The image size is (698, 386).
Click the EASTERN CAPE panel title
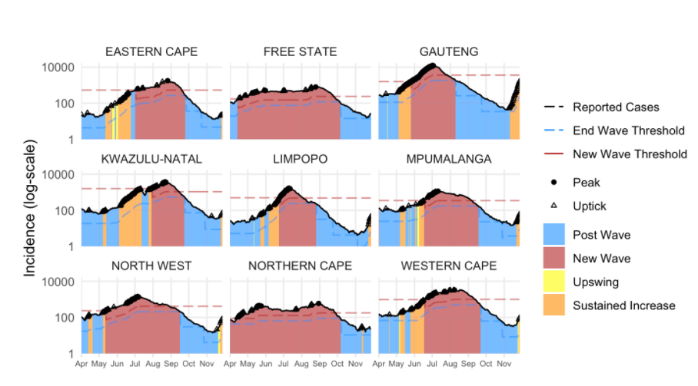(x=151, y=52)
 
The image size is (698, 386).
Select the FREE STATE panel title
(x=300, y=52)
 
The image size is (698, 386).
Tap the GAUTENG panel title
(x=449, y=52)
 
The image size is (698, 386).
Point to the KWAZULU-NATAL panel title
(x=151, y=159)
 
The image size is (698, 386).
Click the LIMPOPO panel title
(x=300, y=159)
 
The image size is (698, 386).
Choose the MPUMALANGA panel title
(x=449, y=159)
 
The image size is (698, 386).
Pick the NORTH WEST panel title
(x=151, y=266)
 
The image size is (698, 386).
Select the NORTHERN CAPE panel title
(x=300, y=266)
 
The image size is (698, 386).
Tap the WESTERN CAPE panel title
(x=449, y=266)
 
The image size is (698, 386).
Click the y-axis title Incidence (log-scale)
(x=28, y=208)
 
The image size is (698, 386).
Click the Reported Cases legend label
(x=616, y=107)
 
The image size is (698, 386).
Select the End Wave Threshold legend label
(x=628, y=131)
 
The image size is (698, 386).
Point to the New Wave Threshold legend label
(x=630, y=154)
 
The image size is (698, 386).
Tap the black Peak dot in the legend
(x=553, y=183)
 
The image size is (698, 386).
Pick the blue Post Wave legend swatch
(x=553, y=235)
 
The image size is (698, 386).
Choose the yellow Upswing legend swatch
(x=553, y=282)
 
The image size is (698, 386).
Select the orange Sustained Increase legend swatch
(x=553, y=305)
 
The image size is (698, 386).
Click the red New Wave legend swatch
(x=553, y=259)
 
